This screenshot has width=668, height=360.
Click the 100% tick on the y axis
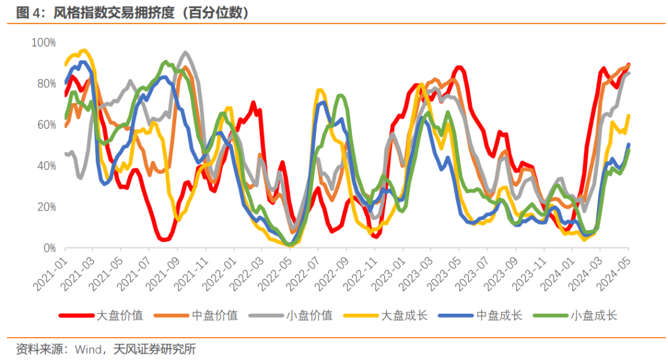43,43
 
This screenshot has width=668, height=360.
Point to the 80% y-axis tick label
45,84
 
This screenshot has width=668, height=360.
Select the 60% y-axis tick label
45,125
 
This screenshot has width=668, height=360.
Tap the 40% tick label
45,166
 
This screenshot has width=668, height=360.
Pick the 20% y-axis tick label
45,207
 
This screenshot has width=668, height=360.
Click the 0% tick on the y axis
48,248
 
